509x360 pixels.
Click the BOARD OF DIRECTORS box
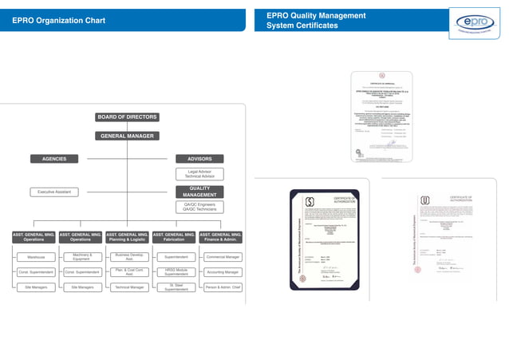pos(127,117)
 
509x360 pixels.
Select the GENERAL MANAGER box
pos(127,136)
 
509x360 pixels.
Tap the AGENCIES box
pos(54,159)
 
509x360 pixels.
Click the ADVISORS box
pos(199,159)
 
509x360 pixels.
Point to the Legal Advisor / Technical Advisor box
pos(199,173)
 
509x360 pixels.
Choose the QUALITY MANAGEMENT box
pos(199,192)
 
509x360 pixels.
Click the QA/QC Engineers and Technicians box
pos(199,207)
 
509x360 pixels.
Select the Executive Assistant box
pos(54,192)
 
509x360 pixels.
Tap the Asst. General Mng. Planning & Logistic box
pos(128,236)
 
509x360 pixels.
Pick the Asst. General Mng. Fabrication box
pos(174,236)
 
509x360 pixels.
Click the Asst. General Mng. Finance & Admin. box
pos(220,236)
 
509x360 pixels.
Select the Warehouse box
pos(35,257)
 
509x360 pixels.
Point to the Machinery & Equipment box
pos(81,257)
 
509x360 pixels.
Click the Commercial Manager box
pos(223,257)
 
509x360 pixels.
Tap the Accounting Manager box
pos(223,272)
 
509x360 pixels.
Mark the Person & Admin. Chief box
pos(223,287)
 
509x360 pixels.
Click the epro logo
pos(474,22)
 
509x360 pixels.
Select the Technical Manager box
pos(128,287)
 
